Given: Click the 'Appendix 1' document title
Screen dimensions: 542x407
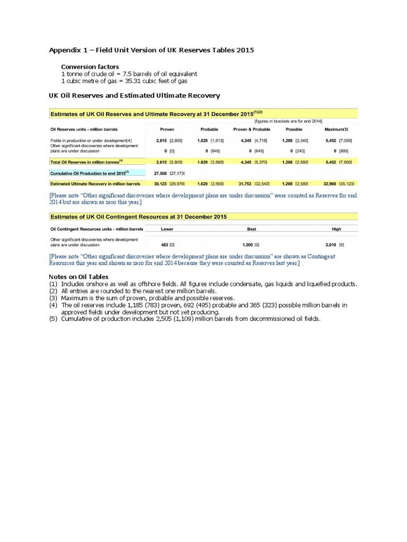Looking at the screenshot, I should [152, 50].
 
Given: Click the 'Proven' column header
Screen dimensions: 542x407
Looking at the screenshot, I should [167, 129].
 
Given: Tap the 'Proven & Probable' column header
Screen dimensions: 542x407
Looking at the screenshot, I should [251, 129].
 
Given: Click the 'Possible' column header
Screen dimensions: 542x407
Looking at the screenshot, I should [294, 129].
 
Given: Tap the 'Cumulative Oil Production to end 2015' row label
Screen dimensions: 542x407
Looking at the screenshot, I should [88, 173].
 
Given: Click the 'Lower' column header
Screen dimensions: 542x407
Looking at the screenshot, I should [167, 229].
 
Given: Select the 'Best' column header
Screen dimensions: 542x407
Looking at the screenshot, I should [251, 229].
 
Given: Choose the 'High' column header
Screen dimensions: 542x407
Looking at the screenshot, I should [336, 229].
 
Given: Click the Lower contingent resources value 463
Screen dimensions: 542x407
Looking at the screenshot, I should [165, 245].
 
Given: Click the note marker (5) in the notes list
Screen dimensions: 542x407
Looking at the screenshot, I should [53, 319].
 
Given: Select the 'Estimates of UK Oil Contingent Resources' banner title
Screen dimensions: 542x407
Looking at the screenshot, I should [138, 217].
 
